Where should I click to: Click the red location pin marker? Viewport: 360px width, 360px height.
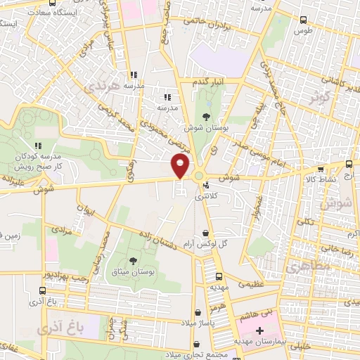tap(181, 166)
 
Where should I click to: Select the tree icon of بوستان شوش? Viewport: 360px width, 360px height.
tap(206, 117)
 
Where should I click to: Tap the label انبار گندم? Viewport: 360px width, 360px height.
tap(209, 82)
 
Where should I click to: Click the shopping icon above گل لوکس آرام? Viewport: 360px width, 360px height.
tap(205, 233)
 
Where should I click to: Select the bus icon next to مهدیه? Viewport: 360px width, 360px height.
tap(219, 276)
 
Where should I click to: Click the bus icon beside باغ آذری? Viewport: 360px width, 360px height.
tap(43, 290)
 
